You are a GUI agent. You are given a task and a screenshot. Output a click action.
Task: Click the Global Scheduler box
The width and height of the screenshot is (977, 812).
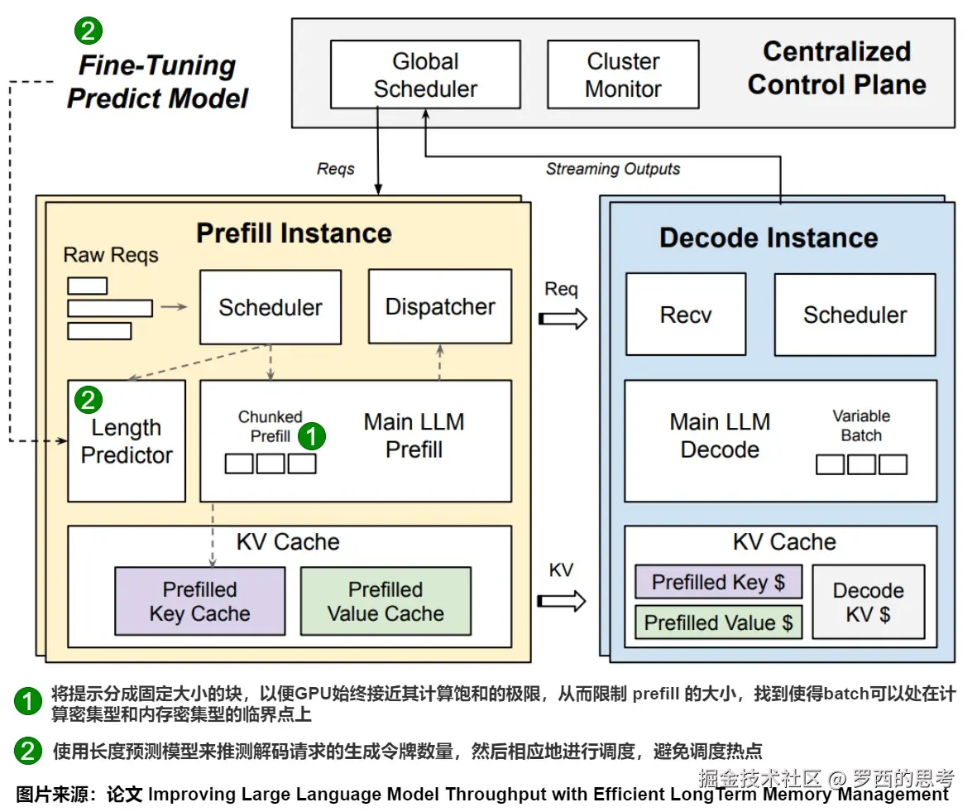coord(425,74)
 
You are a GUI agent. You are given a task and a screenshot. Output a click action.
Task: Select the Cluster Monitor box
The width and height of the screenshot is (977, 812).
coord(623,74)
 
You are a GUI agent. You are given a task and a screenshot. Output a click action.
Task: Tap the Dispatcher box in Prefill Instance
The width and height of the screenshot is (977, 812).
coord(440,307)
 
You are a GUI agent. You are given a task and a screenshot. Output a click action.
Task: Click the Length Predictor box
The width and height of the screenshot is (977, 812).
coord(127,441)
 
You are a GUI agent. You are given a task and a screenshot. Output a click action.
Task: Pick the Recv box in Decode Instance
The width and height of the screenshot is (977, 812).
coord(686,315)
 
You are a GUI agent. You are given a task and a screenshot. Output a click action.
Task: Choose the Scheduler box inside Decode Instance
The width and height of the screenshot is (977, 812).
coord(855,315)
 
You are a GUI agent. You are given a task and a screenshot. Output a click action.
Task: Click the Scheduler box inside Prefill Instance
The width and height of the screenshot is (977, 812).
coord(271,307)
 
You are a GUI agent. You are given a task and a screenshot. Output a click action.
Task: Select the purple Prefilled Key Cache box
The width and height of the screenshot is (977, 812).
coord(199,602)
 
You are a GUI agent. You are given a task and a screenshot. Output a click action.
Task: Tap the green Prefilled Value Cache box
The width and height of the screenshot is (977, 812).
coord(386,602)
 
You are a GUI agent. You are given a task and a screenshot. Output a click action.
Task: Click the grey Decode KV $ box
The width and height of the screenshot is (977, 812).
coord(868,602)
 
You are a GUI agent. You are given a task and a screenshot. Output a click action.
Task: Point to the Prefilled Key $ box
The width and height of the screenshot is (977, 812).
coord(718,582)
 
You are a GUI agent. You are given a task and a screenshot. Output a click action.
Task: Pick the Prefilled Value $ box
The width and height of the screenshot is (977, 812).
coord(718,622)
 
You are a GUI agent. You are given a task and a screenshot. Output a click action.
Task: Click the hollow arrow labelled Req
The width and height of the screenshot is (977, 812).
coord(563,318)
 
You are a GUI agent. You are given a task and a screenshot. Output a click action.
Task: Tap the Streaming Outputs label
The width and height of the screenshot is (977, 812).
coord(613,169)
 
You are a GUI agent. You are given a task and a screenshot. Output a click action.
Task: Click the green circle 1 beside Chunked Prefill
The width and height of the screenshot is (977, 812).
coord(312,436)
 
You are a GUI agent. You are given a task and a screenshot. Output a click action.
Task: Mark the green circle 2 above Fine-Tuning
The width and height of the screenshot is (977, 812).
coord(89,31)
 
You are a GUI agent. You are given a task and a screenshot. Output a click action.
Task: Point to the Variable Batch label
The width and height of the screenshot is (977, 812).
coord(861,425)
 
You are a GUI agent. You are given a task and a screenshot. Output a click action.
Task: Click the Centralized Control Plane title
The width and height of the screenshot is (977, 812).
coord(836,68)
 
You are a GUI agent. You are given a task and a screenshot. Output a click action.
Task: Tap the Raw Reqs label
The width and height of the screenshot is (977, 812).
coord(110,255)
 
